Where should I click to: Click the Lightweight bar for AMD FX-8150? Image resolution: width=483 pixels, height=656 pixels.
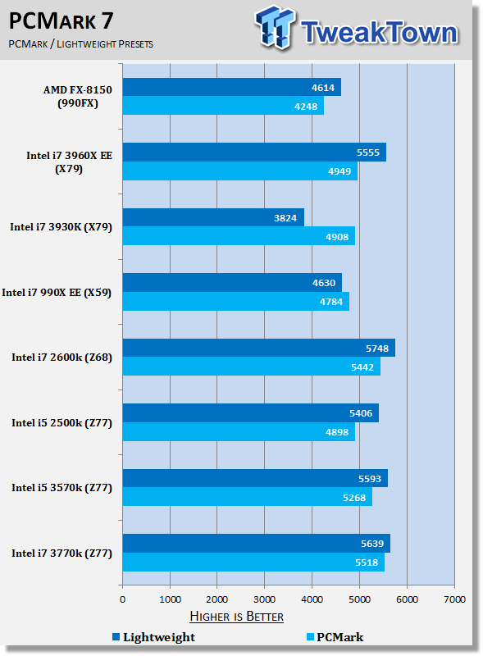tap(231, 87)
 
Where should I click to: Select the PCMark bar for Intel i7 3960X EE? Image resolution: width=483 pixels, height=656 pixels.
tap(239, 171)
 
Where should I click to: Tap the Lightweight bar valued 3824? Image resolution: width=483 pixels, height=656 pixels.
tap(213, 217)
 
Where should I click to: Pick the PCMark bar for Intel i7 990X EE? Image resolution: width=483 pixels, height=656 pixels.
tap(236, 301)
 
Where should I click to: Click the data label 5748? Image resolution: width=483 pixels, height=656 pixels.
tap(377, 348)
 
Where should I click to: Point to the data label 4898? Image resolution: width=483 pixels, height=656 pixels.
tap(337, 432)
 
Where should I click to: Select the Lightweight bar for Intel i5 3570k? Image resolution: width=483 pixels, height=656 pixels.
tap(255, 478)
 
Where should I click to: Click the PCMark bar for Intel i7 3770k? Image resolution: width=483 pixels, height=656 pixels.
tap(253, 562)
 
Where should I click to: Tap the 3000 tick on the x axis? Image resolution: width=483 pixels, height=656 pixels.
tap(265, 599)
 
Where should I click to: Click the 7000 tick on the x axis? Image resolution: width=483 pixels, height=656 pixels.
tap(454, 599)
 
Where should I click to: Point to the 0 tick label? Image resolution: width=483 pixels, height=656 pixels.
tap(123, 599)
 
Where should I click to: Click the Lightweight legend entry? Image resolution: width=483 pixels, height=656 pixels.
tap(153, 637)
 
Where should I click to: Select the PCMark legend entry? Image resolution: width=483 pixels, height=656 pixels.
tap(335, 637)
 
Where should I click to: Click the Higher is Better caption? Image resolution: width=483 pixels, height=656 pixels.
tap(236, 617)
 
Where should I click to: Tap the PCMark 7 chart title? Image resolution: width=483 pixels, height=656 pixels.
tap(62, 21)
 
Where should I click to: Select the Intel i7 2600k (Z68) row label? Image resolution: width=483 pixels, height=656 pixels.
tap(62, 358)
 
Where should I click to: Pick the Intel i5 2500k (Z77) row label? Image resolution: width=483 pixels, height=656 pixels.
tap(62, 422)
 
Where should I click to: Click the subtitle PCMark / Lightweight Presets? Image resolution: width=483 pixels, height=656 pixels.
tap(81, 44)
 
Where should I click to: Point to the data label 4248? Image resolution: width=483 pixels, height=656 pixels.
tap(306, 107)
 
